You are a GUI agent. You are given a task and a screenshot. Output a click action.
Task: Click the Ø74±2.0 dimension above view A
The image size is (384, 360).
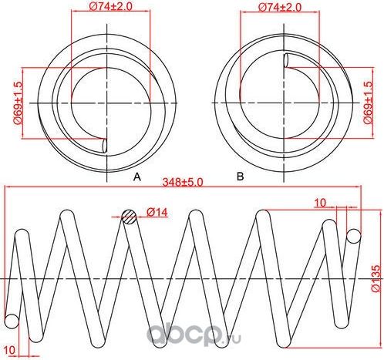pos(97,8)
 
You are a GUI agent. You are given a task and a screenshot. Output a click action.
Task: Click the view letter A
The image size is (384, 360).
pos(137,177)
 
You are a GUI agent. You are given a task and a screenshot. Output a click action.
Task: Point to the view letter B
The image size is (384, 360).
pos(240,177)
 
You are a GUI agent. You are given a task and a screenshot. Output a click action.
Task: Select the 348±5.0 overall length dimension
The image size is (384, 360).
pos(183,183)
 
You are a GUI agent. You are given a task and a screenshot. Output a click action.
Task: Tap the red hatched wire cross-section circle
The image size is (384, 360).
pos(130,217)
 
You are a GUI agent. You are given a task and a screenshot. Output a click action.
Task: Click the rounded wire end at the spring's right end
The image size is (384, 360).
pos(353,236)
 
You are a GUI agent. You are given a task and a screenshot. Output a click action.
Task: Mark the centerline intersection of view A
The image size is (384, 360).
pos(103,102)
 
